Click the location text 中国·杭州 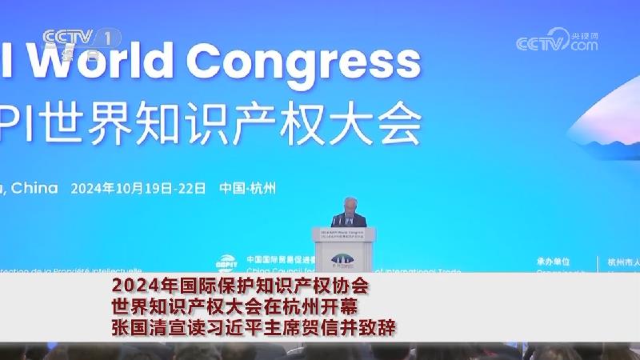[248, 189]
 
